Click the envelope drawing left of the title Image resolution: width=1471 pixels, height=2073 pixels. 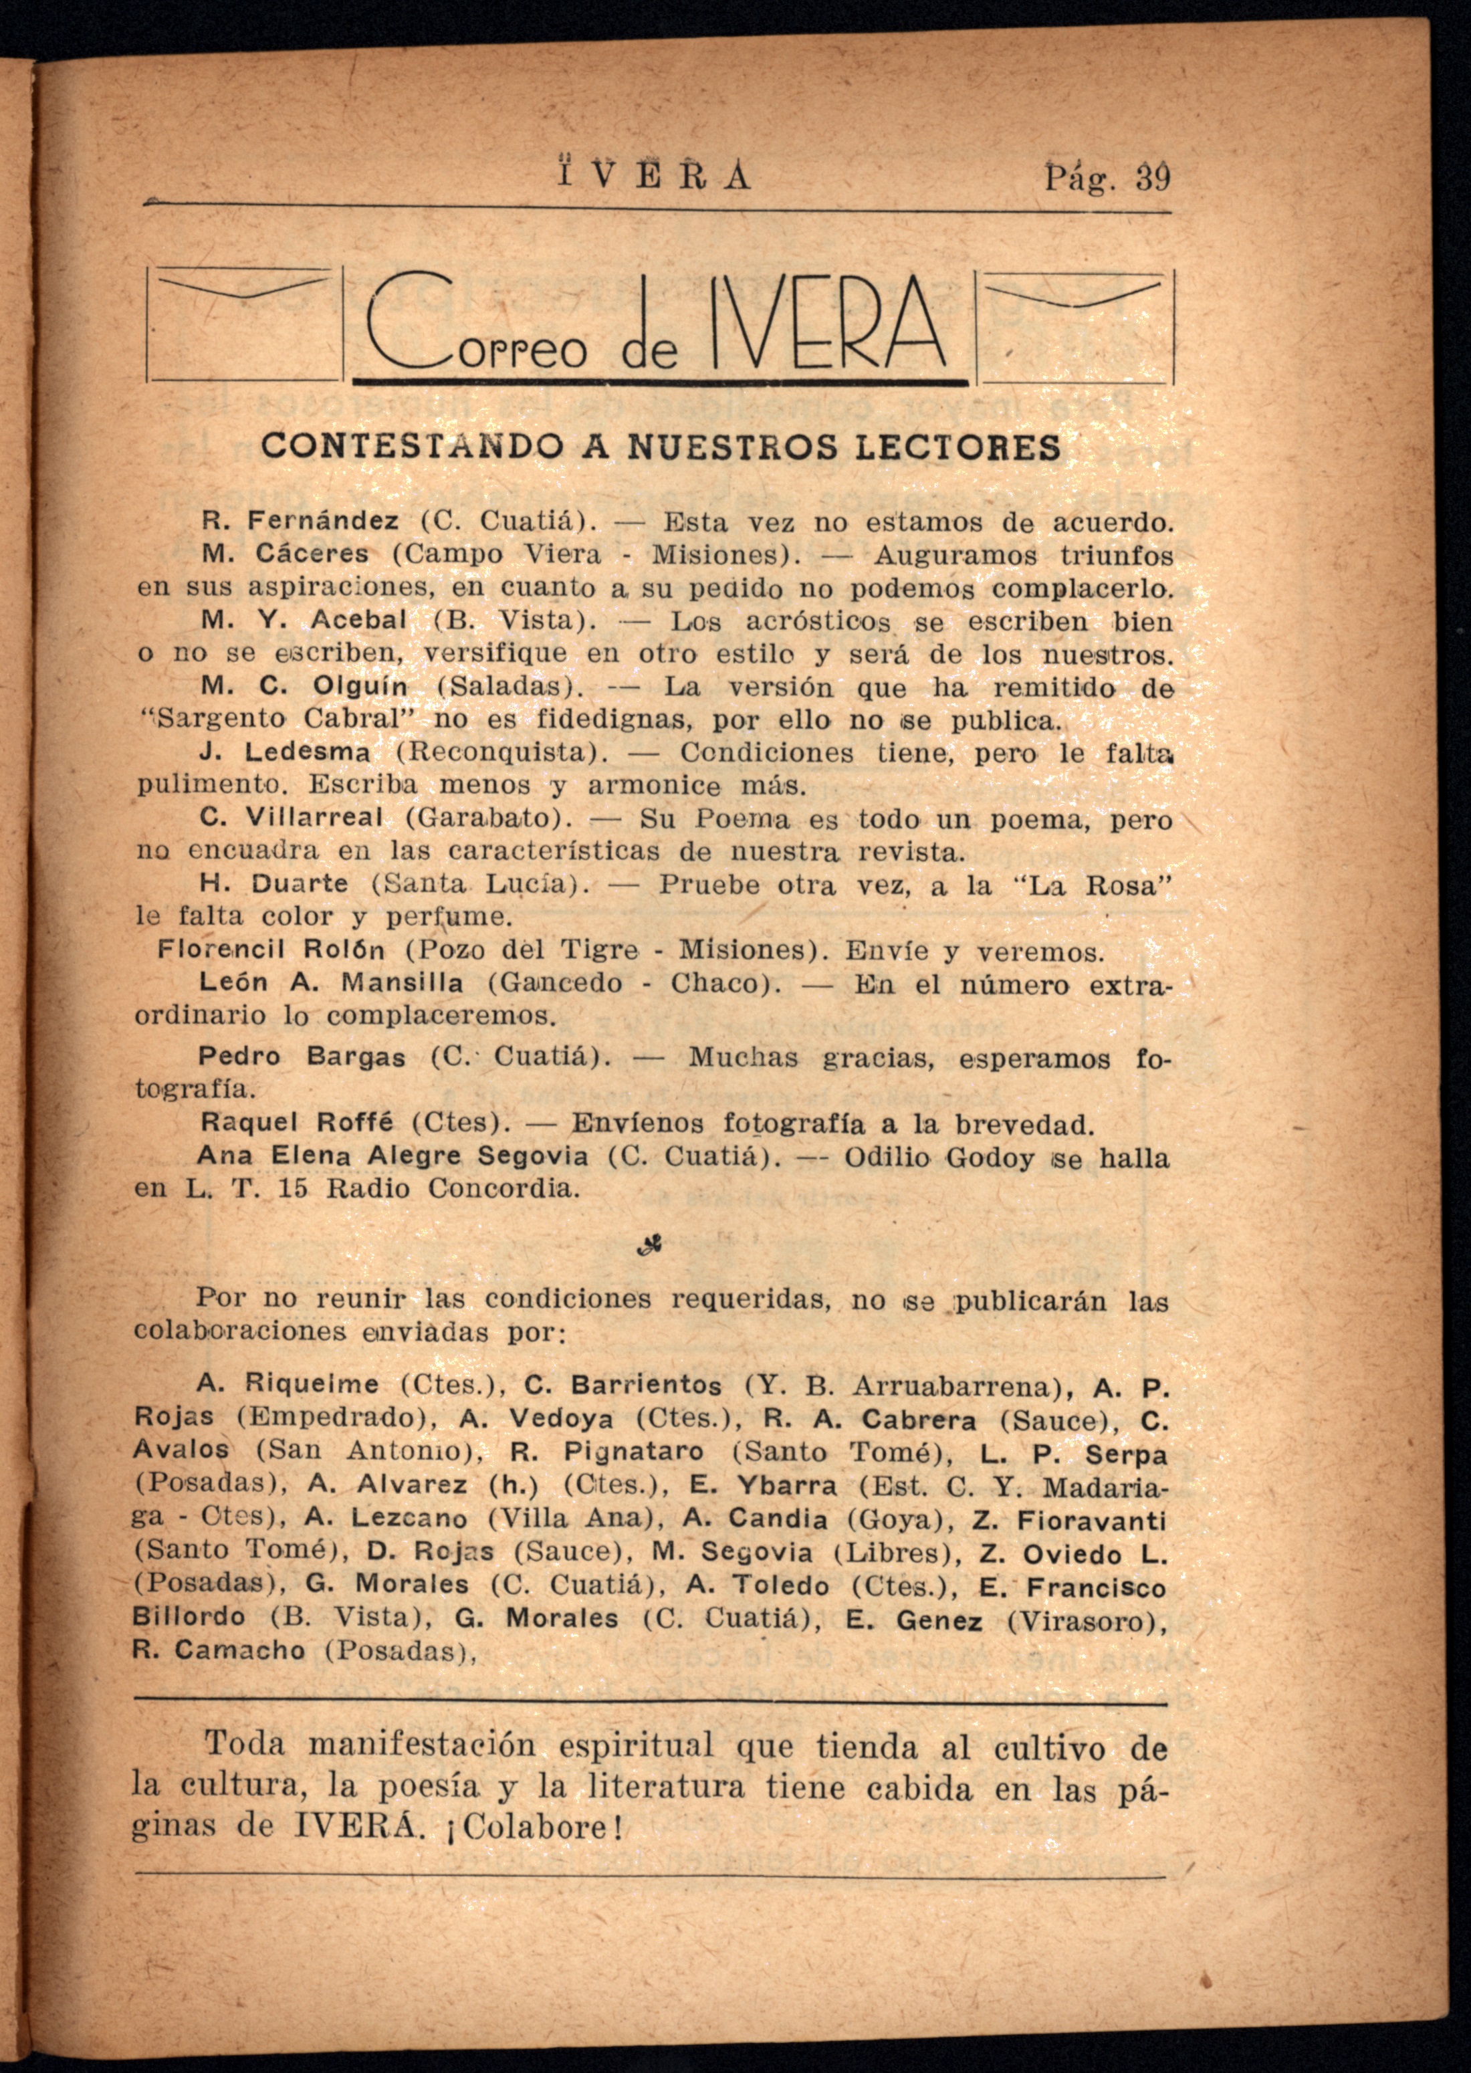click(x=245, y=325)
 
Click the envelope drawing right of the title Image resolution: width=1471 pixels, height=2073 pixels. click(x=1074, y=325)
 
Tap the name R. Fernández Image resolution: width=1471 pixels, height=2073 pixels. click(x=300, y=522)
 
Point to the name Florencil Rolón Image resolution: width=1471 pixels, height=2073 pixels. click(x=271, y=951)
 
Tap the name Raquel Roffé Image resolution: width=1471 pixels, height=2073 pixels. click(x=297, y=1124)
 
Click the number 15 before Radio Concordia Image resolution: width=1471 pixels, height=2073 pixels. click(x=294, y=1188)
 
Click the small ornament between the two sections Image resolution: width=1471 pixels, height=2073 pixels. click(x=649, y=1247)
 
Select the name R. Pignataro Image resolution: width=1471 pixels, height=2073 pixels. click(x=607, y=1452)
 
